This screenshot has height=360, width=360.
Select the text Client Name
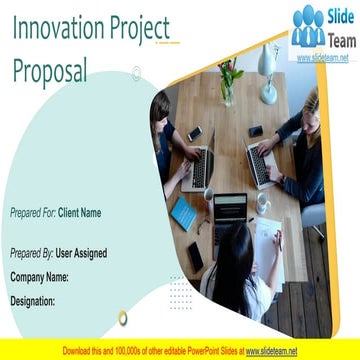pyautogui.click(x=79, y=213)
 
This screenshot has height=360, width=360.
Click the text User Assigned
pyautogui.click(x=81, y=254)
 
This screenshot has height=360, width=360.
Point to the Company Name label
pyautogui.click(x=39, y=276)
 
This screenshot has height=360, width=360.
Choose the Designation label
pyautogui.click(x=32, y=300)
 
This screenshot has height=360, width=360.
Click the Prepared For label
pyautogui.click(x=32, y=213)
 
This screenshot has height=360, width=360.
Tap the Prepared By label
pyautogui.click(x=32, y=254)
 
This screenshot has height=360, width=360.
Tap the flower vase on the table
pyautogui.click(x=229, y=85)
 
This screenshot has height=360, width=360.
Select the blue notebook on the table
pyautogui.click(x=184, y=212)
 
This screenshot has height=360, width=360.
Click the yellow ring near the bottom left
pyautogui.click(x=123, y=318)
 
